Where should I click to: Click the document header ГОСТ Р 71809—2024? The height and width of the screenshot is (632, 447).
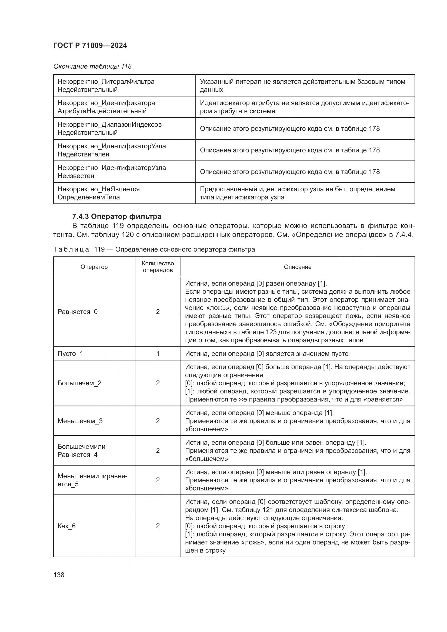(x=90, y=45)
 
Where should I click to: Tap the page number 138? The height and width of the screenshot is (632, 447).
(x=59, y=575)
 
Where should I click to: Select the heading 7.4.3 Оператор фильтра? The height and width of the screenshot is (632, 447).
(x=117, y=216)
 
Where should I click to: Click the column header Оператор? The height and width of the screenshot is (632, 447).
(x=94, y=267)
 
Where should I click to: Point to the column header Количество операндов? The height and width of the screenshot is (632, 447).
(x=158, y=267)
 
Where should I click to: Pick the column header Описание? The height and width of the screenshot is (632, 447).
(x=298, y=267)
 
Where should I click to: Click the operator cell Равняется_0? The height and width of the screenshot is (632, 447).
(x=78, y=312)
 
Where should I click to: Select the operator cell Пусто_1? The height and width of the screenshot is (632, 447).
(x=70, y=353)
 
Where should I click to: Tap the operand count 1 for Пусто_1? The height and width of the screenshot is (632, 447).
(x=158, y=353)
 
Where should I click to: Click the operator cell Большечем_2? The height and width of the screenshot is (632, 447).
(x=79, y=383)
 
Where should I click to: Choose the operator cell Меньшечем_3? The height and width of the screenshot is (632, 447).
(x=80, y=421)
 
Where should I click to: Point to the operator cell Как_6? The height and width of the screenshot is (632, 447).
(x=66, y=526)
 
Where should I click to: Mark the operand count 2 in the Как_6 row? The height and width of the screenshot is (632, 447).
(x=158, y=526)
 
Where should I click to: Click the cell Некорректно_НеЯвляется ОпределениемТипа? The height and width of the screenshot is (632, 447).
(x=99, y=193)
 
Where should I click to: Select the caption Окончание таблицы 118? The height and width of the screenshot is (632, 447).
(x=92, y=66)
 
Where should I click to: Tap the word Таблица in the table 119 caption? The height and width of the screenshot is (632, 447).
(x=71, y=249)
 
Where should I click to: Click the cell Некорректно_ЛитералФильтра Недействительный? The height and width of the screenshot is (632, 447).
(x=106, y=85)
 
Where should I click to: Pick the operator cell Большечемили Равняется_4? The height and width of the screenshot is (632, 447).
(x=81, y=450)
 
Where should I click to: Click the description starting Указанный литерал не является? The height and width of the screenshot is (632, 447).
(x=302, y=85)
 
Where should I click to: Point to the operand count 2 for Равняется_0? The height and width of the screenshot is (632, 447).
(x=158, y=312)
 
